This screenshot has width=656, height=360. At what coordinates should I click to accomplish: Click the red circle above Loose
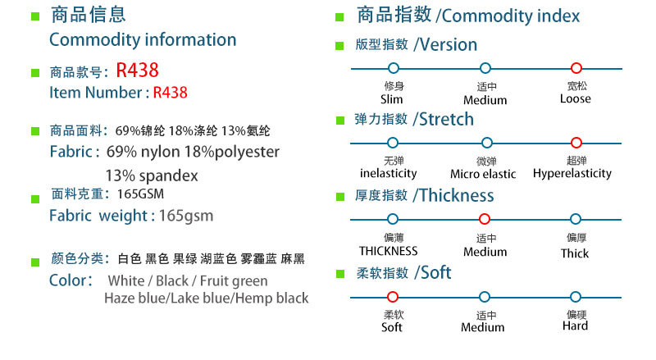tap(576, 69)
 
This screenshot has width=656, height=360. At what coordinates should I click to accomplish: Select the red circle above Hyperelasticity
tap(576, 143)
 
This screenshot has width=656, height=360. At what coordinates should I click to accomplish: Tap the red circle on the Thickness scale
tap(485, 219)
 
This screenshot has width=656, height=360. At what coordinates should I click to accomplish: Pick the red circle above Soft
tap(393, 296)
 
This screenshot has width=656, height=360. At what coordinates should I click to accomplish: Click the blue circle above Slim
tap(393, 69)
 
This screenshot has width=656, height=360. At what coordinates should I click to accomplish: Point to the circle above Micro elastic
tap(486, 143)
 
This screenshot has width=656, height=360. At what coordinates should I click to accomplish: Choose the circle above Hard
tap(576, 296)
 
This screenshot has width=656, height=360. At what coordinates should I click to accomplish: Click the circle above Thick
tap(576, 219)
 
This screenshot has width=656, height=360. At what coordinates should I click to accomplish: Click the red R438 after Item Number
tap(171, 93)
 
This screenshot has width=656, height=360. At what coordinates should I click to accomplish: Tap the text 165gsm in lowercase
tap(185, 216)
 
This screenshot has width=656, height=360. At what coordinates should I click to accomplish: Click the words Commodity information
tap(143, 39)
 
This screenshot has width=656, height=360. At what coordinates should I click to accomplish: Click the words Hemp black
tap(271, 298)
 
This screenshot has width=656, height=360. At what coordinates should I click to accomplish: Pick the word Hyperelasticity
tap(572, 174)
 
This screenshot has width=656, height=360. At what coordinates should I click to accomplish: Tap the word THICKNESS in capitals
tap(389, 251)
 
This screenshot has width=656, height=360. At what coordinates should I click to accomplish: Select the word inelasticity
tap(389, 174)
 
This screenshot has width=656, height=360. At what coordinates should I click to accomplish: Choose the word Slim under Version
tap(393, 99)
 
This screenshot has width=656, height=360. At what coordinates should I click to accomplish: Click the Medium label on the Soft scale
tap(483, 327)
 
